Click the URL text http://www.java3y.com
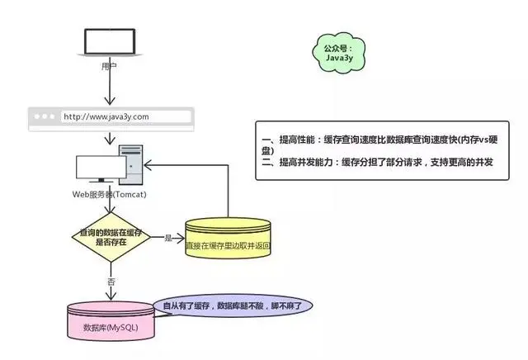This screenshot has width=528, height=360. click(x=106, y=116)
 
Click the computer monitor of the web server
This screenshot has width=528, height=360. click(x=98, y=169)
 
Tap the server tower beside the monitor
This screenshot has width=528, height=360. click(x=131, y=165)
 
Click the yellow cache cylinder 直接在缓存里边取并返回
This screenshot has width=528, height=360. click(x=228, y=239)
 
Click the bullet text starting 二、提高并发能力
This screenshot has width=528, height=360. click(x=381, y=163)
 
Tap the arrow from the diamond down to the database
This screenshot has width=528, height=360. click(x=110, y=281)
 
